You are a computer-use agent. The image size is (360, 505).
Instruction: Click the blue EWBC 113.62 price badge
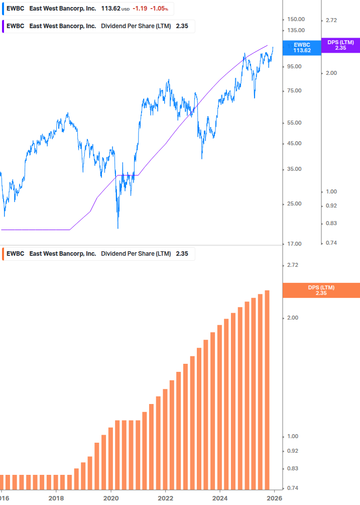[302, 47]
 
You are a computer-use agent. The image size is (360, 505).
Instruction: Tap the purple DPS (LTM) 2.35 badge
[340, 45]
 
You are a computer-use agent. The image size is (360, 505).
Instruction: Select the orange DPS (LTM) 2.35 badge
[321, 290]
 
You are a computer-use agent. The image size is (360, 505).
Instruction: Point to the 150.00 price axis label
[296, 19]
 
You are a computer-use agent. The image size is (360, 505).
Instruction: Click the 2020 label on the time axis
[110, 498]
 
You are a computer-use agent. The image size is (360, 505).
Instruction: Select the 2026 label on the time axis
[274, 498]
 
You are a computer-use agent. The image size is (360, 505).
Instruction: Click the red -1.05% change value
[159, 9]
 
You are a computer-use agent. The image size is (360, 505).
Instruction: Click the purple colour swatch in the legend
[4, 26]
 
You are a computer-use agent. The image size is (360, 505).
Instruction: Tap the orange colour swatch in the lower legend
[4, 254]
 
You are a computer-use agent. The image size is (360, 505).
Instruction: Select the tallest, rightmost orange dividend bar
[267, 389]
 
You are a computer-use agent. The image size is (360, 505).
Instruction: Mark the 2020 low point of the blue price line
[118, 228]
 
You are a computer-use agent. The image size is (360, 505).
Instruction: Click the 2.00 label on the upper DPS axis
[331, 73]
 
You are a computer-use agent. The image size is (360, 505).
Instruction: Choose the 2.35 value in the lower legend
[182, 254]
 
